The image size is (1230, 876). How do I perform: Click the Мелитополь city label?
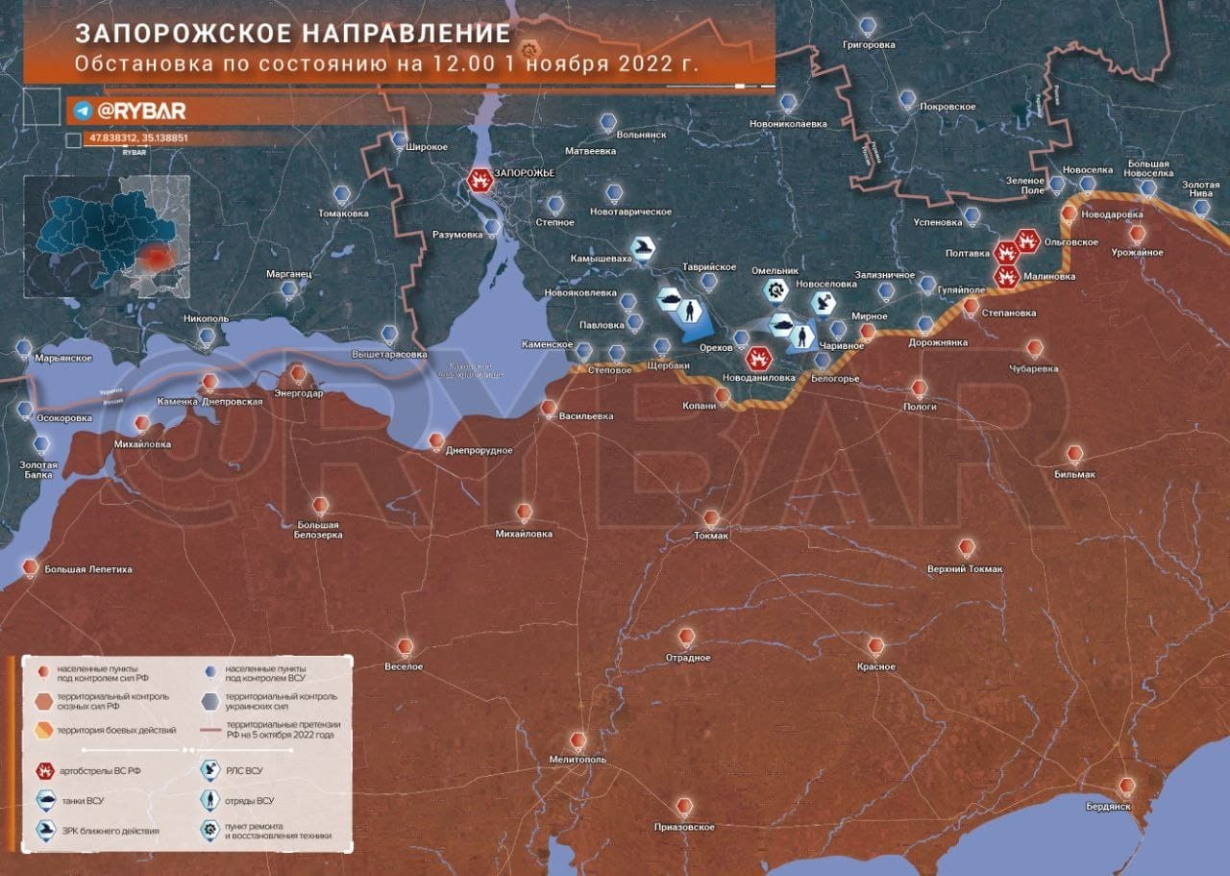click(x=577, y=760)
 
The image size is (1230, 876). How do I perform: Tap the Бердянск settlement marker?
click(x=1126, y=786)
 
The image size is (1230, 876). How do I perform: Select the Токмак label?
click(x=711, y=536)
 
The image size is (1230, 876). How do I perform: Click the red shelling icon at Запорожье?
click(x=478, y=180)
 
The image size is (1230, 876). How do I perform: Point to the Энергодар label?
click(x=299, y=393)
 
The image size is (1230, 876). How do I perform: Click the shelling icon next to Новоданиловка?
click(x=758, y=358)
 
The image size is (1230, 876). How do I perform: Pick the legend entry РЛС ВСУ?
click(x=243, y=770)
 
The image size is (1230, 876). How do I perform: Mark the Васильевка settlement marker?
click(x=548, y=407)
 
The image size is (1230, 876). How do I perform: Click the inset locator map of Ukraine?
click(x=107, y=237)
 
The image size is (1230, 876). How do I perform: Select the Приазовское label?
click(x=683, y=827)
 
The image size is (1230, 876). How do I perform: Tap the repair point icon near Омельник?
click(x=775, y=288)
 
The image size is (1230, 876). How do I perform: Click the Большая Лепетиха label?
click(x=87, y=569)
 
